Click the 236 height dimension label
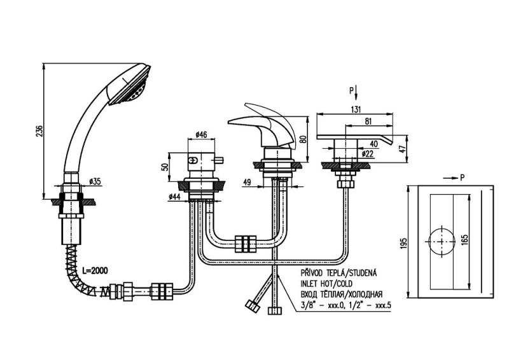(39, 130)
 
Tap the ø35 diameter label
(95, 181)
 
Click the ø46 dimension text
(199, 134)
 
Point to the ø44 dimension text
(175, 197)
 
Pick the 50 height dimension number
(164, 167)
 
